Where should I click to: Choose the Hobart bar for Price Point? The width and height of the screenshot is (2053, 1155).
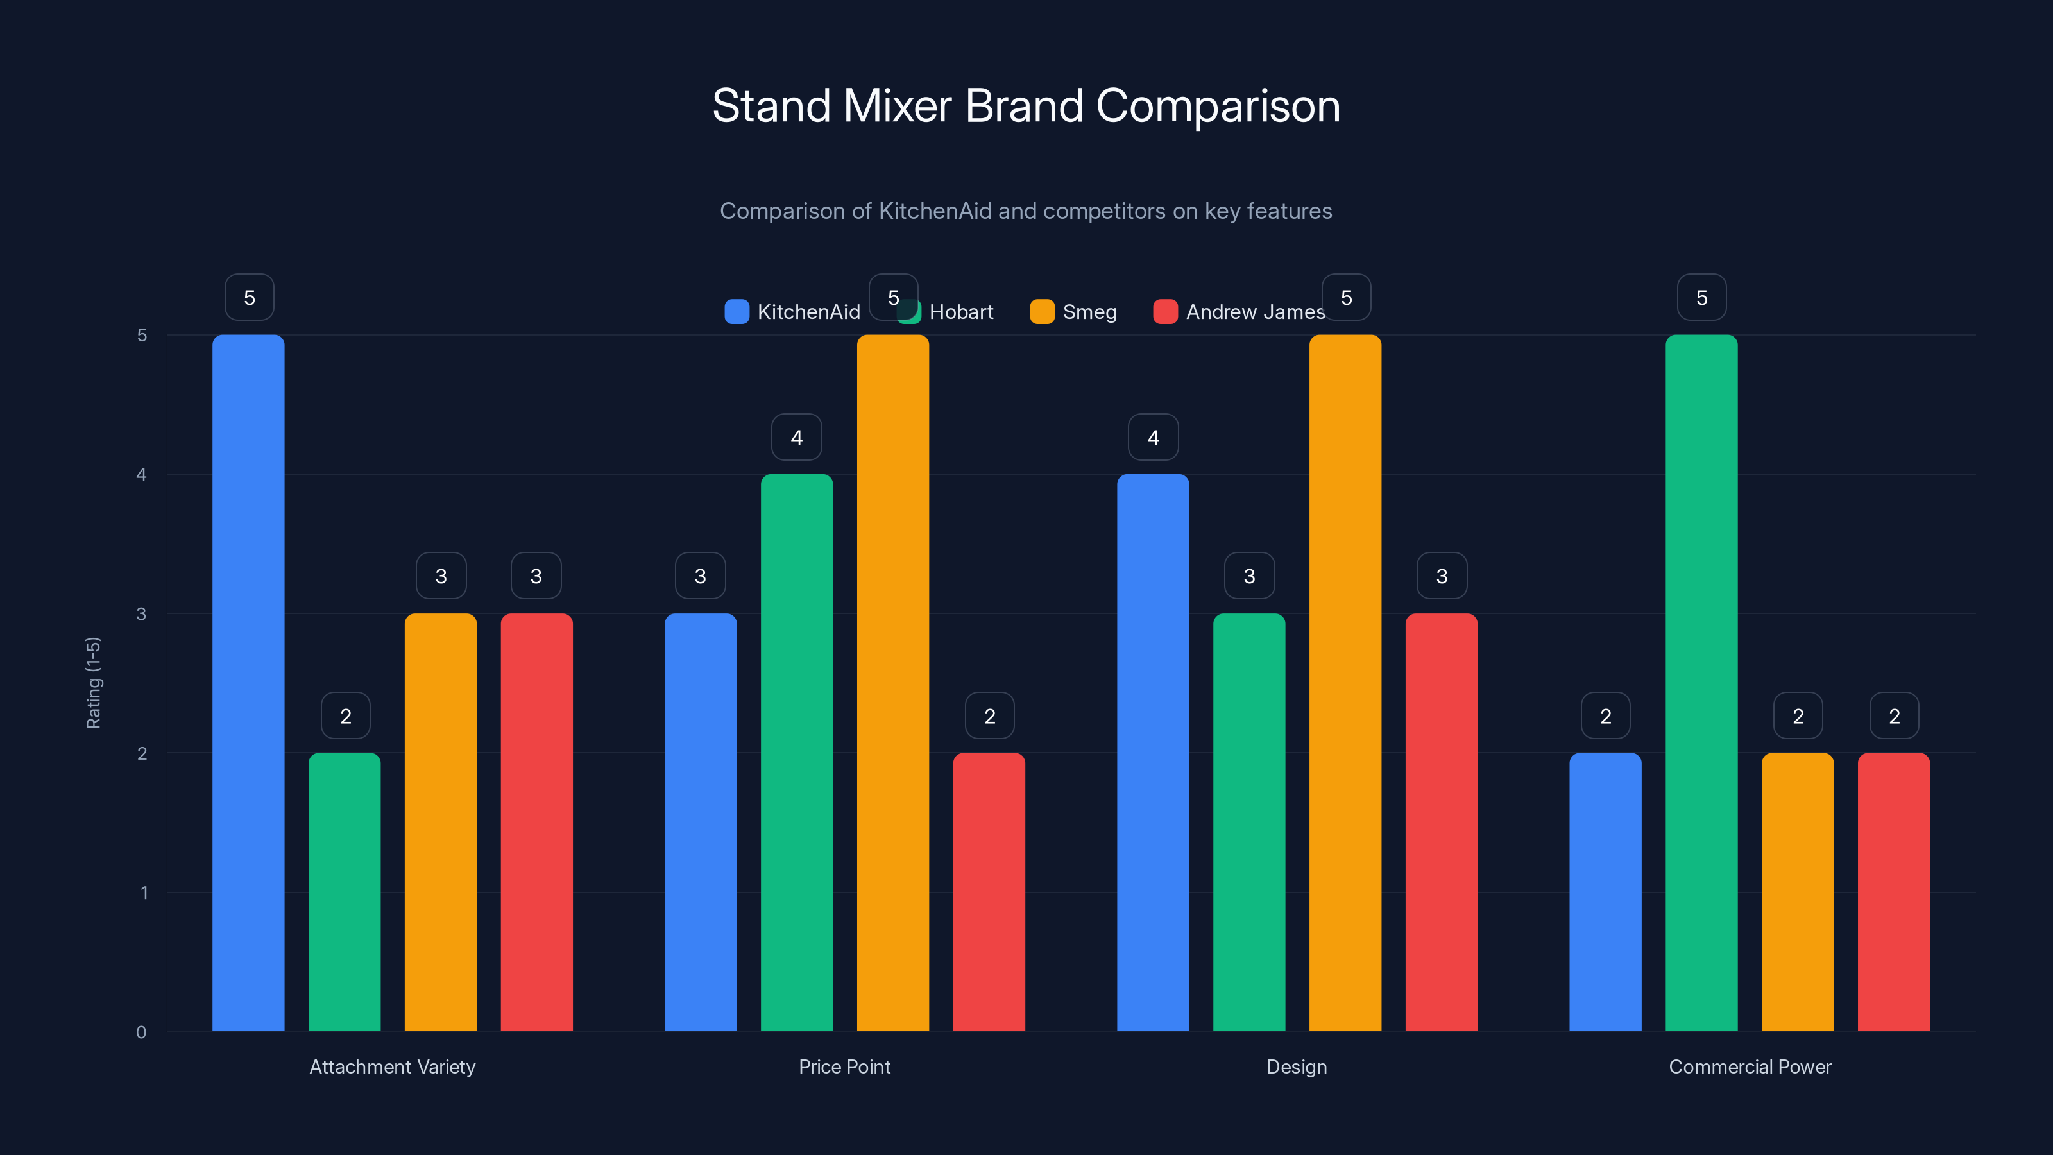[x=796, y=753]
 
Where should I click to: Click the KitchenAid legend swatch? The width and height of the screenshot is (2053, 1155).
[x=737, y=312]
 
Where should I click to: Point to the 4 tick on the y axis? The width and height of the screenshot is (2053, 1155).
[x=142, y=475]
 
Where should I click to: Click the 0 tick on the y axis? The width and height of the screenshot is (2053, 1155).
[x=142, y=1032]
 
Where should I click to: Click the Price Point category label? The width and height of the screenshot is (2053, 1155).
[x=844, y=1066]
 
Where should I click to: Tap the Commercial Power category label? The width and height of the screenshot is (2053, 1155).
[x=1750, y=1066]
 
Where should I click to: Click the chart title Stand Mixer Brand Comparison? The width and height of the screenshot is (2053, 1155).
[x=1026, y=106]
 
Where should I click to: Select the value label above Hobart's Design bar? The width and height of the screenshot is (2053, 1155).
[x=1249, y=576]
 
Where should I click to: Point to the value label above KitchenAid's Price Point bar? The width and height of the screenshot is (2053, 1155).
[x=700, y=576]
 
